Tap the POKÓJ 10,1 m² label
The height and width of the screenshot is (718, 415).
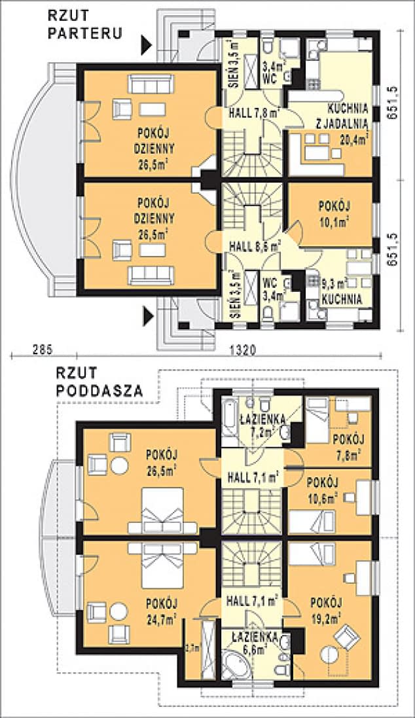[x=334, y=213]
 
